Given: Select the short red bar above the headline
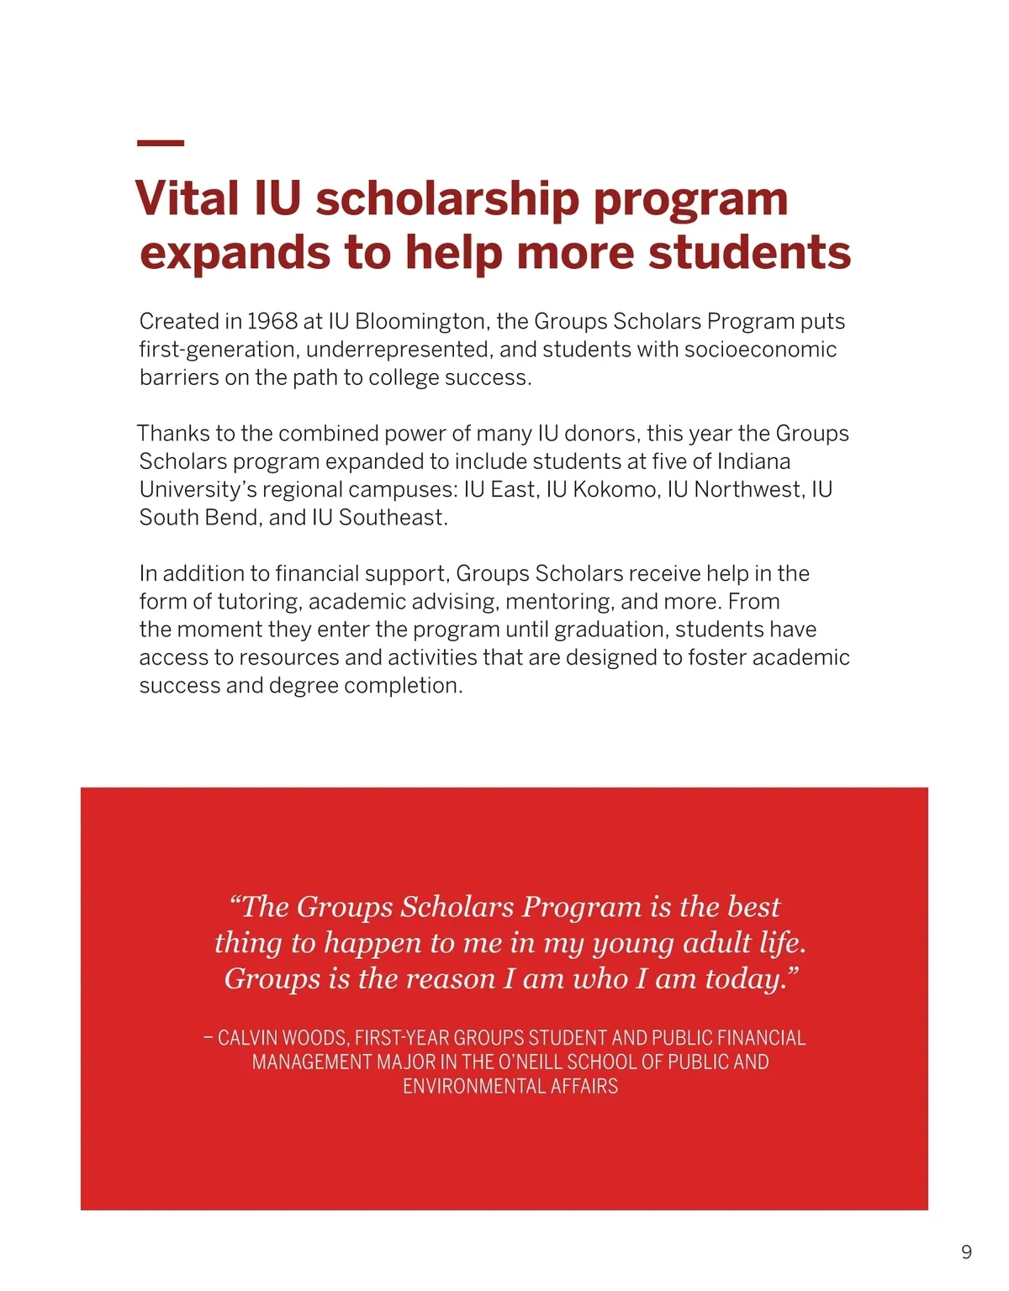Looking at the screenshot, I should click(x=160, y=144).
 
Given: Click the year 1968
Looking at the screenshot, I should click(x=272, y=321).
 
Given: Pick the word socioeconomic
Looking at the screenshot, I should click(x=760, y=350).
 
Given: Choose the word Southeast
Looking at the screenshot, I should click(x=393, y=518).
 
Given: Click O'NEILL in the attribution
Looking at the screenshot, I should click(x=529, y=1062).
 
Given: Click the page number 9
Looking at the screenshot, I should click(x=966, y=1253).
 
